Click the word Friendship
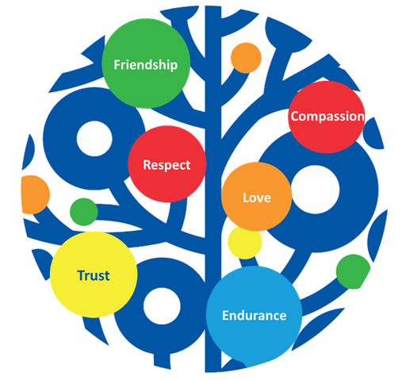point(146,65)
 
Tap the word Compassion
point(327,117)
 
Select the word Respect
point(167,165)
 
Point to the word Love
point(257,198)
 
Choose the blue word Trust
point(94,275)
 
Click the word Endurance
point(255,316)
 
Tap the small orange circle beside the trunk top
point(246,58)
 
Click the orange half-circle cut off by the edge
point(35,194)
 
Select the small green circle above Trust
point(84,212)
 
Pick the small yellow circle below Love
point(245,242)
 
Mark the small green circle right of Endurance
point(353,272)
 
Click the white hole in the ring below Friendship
point(94,139)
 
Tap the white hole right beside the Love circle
point(315,190)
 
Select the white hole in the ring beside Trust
point(162,306)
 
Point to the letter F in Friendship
point(117,65)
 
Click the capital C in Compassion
point(295,117)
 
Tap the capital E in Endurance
point(225,316)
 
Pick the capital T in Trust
point(82,275)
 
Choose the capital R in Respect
point(147,165)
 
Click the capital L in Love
point(246,198)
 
